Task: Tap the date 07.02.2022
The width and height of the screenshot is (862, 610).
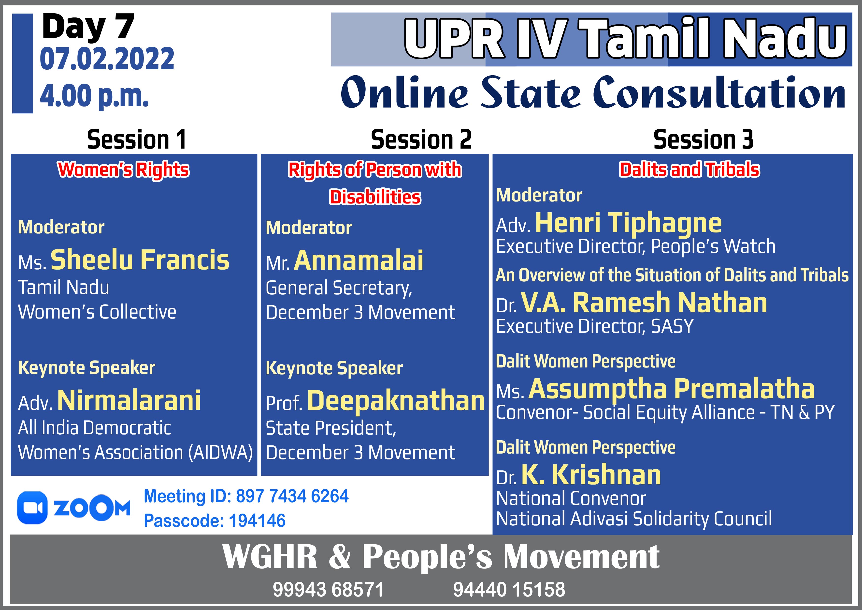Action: tap(107, 59)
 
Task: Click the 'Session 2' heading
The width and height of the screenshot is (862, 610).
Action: tap(421, 140)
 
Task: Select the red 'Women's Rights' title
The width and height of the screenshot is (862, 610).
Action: tap(124, 169)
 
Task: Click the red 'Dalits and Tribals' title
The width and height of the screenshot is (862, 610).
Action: tap(689, 169)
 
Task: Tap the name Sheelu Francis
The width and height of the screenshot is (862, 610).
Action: tap(140, 260)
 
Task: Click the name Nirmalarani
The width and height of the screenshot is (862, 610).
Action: tap(129, 400)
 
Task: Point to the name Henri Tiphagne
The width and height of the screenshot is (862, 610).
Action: tap(628, 223)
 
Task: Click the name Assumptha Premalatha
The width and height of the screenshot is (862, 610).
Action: tap(672, 389)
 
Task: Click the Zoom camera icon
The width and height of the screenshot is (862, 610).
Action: tap(32, 507)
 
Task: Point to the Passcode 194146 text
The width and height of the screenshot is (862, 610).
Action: tap(215, 520)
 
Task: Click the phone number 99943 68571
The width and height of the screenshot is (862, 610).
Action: tap(328, 589)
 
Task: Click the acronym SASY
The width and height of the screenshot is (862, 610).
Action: tap(672, 326)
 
